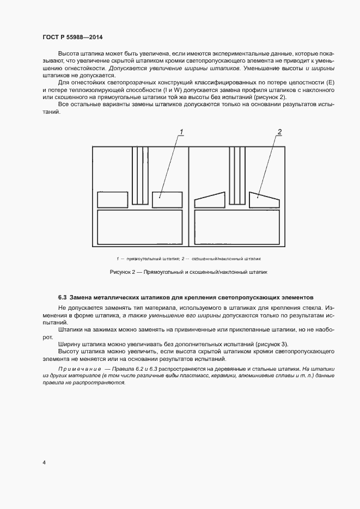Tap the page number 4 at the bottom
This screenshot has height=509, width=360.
click(44, 462)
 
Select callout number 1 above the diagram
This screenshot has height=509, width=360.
click(181, 132)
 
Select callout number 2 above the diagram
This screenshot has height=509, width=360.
click(279, 132)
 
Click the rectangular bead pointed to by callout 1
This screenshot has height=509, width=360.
click(166, 199)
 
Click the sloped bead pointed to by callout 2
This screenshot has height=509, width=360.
click(264, 200)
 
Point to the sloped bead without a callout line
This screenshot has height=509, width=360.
click(210, 200)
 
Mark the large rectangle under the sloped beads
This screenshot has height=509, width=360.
click(237, 228)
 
